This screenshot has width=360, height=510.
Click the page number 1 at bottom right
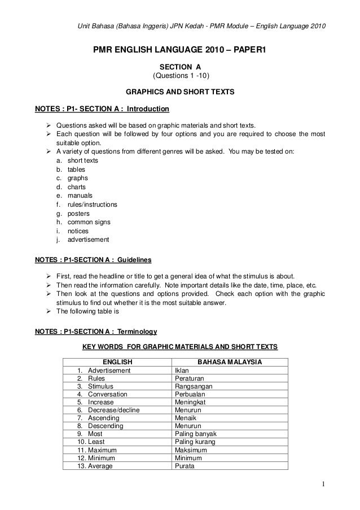pyautogui.click(x=323, y=483)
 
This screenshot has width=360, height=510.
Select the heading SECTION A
pyautogui.click(x=181, y=66)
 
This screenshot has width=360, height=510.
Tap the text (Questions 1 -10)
pyautogui.click(x=181, y=76)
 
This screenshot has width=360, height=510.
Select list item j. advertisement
pyautogui.click(x=83, y=239)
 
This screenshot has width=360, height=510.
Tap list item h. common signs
pyautogui.click(x=83, y=223)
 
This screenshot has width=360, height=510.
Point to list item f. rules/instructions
pyautogui.click(x=87, y=204)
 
